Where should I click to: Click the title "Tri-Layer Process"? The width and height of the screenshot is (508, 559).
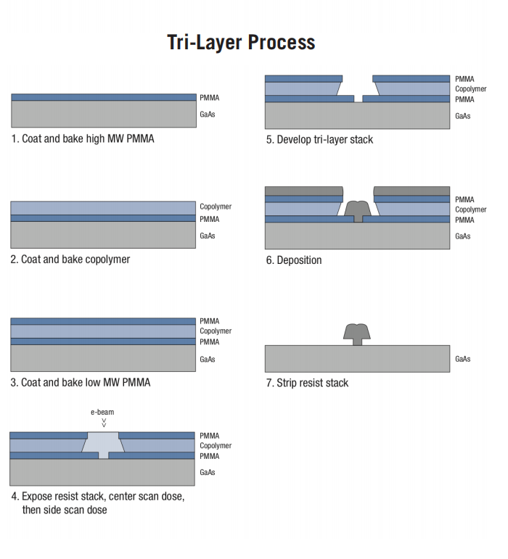pyautogui.click(x=241, y=43)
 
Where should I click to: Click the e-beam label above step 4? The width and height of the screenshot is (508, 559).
pyautogui.click(x=102, y=412)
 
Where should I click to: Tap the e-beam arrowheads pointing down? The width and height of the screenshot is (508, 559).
pyautogui.click(x=104, y=423)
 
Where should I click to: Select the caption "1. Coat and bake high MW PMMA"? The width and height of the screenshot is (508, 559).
pyautogui.click(x=83, y=138)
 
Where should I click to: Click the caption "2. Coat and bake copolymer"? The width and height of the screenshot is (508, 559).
pyautogui.click(x=70, y=259)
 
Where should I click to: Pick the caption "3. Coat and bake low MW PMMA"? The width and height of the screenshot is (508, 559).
pyautogui.click(x=81, y=383)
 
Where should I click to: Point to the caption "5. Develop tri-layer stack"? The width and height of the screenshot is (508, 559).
pyautogui.click(x=319, y=139)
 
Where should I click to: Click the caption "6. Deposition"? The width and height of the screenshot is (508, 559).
pyautogui.click(x=294, y=260)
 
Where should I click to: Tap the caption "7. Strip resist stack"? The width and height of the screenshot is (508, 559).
pyautogui.click(x=307, y=383)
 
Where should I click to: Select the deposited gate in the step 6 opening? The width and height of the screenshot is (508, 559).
pyautogui.click(x=358, y=211)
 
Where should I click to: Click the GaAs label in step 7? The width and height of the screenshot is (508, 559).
pyautogui.click(x=463, y=359)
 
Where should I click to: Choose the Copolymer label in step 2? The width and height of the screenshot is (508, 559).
pyautogui.click(x=216, y=207)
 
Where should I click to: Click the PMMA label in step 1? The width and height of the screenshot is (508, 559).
pyautogui.click(x=210, y=98)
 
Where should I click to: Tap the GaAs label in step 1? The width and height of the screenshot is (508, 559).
pyautogui.click(x=208, y=114)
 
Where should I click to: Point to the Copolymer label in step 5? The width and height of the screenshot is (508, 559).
pyautogui.click(x=470, y=88)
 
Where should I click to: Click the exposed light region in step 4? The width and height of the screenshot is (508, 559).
pyautogui.click(x=103, y=444)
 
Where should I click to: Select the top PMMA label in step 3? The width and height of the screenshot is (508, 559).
pyautogui.click(x=210, y=321)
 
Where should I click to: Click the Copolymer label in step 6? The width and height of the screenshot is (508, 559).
pyautogui.click(x=470, y=210)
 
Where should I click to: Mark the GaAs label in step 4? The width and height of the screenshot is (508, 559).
pyautogui.click(x=208, y=473)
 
